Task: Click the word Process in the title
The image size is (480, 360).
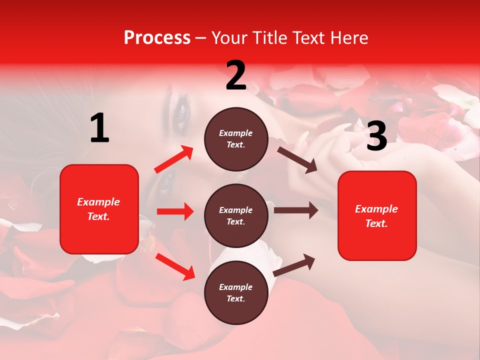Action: click(x=157, y=37)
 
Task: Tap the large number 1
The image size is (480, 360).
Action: click(x=99, y=128)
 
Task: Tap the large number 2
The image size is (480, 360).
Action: click(x=236, y=75)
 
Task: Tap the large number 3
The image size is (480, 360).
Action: click(x=376, y=136)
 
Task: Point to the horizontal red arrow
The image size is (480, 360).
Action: click(x=175, y=211)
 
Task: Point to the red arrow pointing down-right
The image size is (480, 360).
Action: click(x=175, y=266)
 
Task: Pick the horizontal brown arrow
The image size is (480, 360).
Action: click(x=295, y=210)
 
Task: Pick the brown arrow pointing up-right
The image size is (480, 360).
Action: click(x=294, y=265)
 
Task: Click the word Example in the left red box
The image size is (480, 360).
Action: click(x=98, y=202)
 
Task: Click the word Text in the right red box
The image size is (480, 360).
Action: click(x=376, y=223)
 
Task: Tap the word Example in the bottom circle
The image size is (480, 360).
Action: click(x=235, y=287)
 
